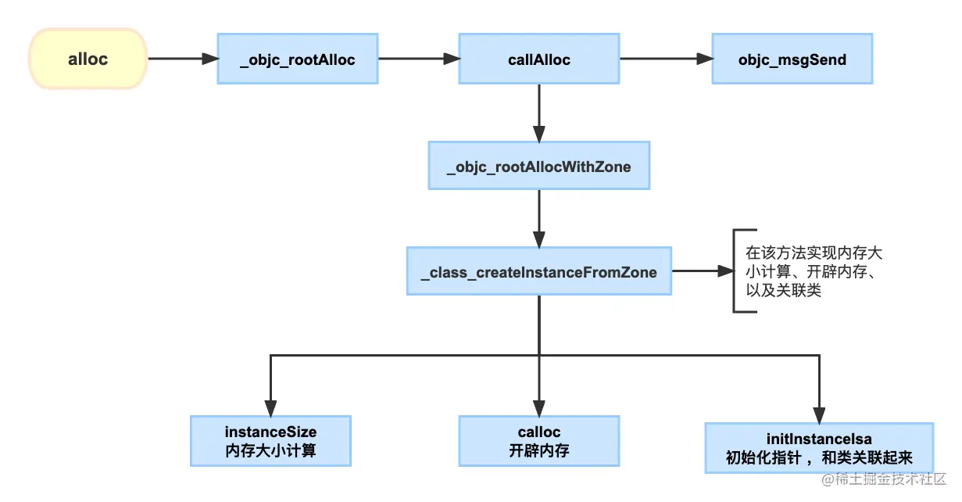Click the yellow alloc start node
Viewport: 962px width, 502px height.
point(88,59)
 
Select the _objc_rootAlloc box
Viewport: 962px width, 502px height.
point(297,59)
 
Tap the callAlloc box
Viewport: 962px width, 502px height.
point(538,59)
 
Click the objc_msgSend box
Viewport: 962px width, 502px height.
point(792,59)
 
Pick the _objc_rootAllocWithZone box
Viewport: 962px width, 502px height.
point(538,166)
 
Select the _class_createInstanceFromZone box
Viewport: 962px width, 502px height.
point(538,272)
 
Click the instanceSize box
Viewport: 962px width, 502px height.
point(270,441)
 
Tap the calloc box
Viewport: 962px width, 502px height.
point(538,441)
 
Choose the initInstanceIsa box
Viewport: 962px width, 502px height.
point(818,448)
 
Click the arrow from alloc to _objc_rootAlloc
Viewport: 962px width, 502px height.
point(182,59)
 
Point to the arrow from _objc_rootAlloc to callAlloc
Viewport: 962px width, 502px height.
point(418,59)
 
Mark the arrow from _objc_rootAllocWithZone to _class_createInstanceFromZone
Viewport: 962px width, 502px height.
point(538,218)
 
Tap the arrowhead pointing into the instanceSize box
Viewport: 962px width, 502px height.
point(270,407)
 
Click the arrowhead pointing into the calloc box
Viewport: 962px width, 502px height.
point(538,407)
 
